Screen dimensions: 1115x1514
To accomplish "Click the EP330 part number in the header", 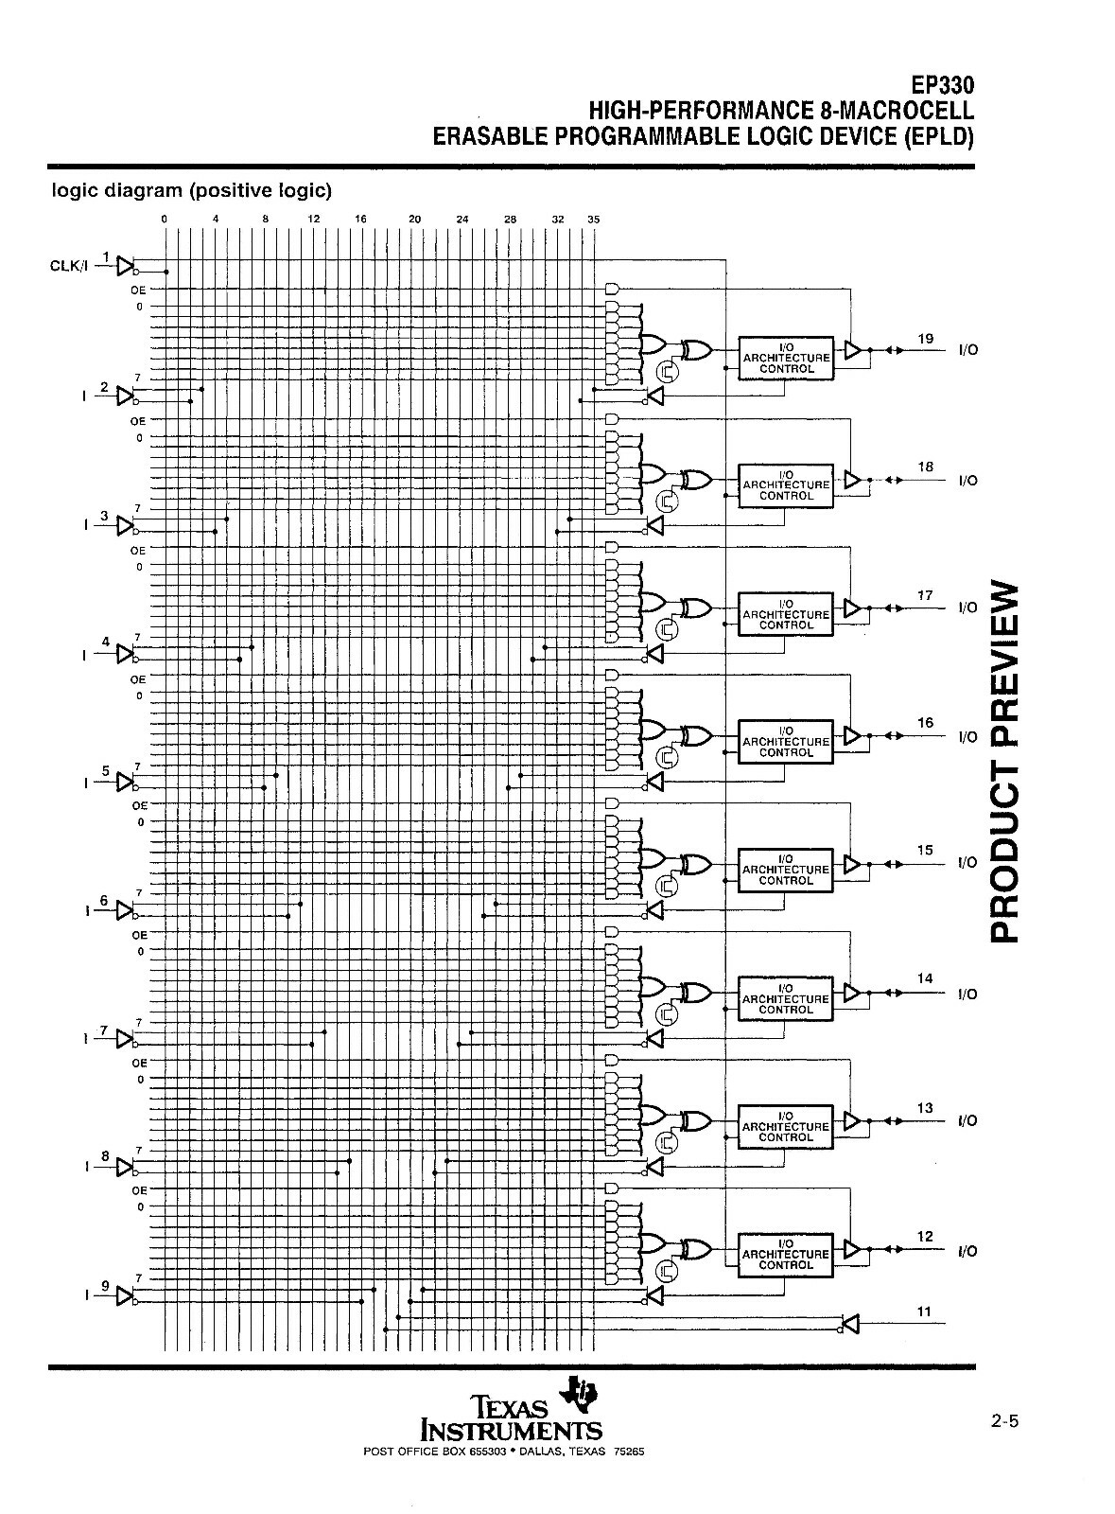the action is (942, 86).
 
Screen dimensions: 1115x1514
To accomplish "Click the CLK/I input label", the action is (69, 266).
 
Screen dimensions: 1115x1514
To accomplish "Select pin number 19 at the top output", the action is (925, 338).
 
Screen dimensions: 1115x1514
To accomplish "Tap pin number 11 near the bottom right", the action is (924, 1312).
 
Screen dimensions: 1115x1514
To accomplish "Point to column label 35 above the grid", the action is (593, 219).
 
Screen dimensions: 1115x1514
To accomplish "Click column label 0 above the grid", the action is (165, 219).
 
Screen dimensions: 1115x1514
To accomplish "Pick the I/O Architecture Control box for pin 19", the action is (786, 359).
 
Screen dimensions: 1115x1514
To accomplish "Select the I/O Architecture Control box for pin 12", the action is (786, 1255).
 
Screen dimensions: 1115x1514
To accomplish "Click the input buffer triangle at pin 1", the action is (126, 266).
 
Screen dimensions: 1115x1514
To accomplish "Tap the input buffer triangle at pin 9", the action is (126, 1295).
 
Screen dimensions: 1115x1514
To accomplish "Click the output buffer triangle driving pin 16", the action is (853, 735).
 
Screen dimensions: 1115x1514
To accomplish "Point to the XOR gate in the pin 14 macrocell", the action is (696, 993).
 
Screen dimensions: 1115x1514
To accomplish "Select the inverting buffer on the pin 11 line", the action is (850, 1324).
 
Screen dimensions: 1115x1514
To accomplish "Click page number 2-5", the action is (1004, 1420).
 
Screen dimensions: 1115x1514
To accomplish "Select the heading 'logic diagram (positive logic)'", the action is (192, 190).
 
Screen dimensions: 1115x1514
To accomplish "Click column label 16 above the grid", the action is (360, 219).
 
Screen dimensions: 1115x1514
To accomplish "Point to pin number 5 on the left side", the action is (105, 770).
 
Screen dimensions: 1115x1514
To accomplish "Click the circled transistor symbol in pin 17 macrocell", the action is (668, 630).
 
